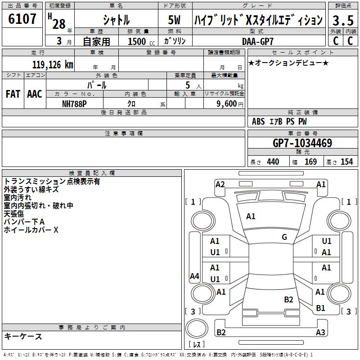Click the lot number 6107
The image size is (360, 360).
[22, 19]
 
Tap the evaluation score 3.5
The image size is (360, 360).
[342, 21]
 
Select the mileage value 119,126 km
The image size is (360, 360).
[53, 64]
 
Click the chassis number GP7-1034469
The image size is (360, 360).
[302, 144]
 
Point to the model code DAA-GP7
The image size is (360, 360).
[257, 41]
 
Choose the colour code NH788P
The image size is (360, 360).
[74, 103]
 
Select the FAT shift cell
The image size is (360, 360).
[13, 94]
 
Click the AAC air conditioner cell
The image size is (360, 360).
[34, 94]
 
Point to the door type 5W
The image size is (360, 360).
[174, 20]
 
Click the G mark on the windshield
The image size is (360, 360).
[284, 237]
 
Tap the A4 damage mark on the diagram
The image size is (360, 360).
[194, 276]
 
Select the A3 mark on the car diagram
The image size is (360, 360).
[320, 333]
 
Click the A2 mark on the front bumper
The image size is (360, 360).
[220, 184]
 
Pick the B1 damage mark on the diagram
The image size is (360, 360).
[320, 308]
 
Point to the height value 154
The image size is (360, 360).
[346, 162]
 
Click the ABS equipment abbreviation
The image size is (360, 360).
[258, 121]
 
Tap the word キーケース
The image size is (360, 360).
[23, 337]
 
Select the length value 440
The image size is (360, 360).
[273, 162]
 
